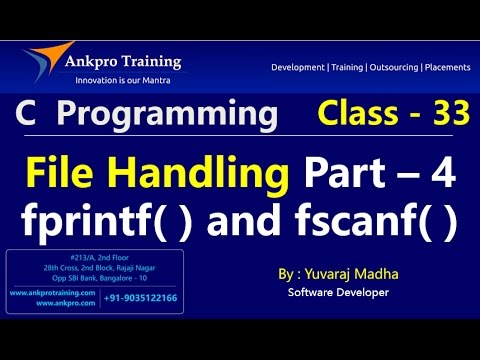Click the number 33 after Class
[x=447, y=115]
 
